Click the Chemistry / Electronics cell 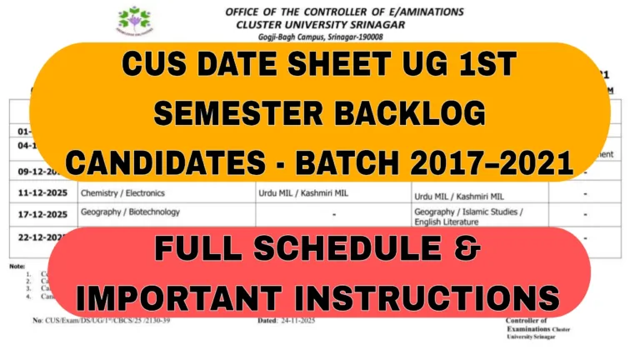122,192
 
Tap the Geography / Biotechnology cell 130,212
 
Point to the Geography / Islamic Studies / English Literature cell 468,217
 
